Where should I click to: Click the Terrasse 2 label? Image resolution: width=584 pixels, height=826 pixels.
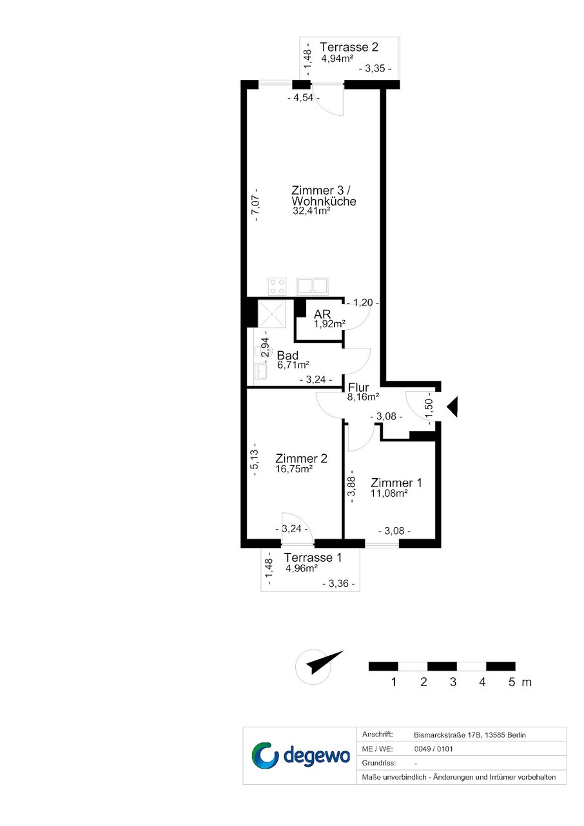[x=349, y=47]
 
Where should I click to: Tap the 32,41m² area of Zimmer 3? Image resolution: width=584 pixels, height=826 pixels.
[x=311, y=211]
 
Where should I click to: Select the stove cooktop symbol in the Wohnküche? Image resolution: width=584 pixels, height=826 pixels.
[x=277, y=287]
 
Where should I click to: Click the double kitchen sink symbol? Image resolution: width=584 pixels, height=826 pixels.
[x=313, y=287]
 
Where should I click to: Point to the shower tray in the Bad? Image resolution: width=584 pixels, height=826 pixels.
[x=272, y=313]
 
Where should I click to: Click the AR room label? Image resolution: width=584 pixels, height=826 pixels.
[x=322, y=314]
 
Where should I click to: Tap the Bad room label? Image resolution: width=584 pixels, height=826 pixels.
[x=287, y=356]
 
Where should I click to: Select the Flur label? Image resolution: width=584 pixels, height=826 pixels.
[x=358, y=388]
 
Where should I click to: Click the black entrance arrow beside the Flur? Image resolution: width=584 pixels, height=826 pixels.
[x=453, y=407]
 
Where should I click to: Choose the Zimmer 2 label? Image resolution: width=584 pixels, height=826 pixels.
[x=301, y=458]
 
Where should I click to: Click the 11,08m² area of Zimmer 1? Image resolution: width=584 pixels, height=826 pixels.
[x=389, y=493]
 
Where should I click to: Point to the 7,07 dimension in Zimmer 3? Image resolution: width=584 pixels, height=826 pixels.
[x=256, y=205]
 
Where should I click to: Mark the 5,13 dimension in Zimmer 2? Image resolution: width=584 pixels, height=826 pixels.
[x=255, y=459]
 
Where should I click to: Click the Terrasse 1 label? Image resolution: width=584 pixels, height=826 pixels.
[x=313, y=557]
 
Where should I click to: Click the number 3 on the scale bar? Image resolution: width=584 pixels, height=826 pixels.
[x=453, y=682]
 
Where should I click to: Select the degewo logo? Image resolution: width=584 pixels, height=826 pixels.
[x=300, y=756]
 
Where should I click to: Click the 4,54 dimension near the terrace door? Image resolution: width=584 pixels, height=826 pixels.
[x=303, y=98]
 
